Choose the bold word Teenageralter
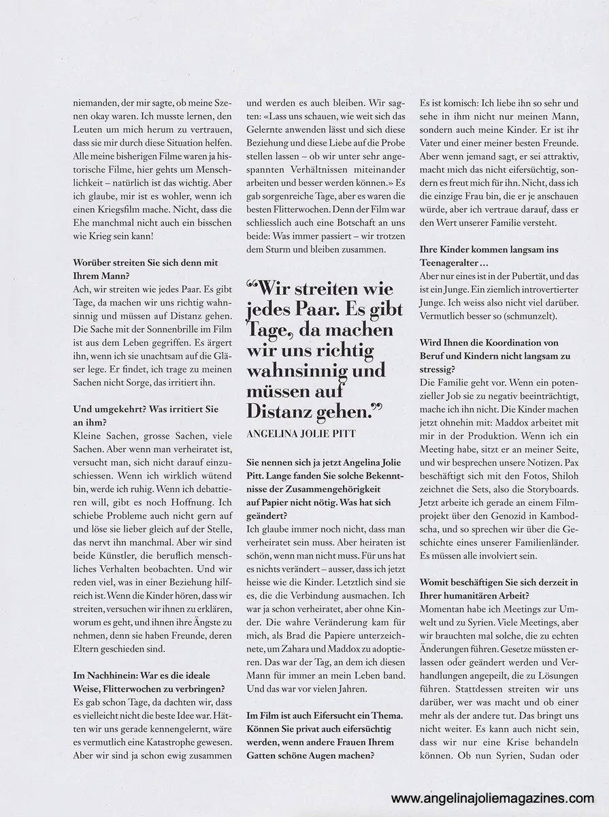pos(454,263)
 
